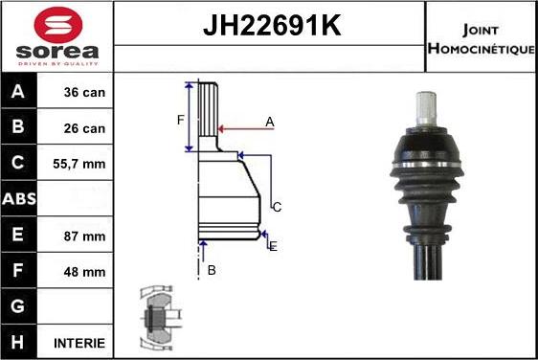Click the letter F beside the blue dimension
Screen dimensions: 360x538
point(179,119)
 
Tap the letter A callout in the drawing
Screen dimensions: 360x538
point(270,122)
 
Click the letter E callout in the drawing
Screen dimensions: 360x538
point(273,247)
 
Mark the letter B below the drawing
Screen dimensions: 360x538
point(212,271)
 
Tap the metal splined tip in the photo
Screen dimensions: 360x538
point(427,105)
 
